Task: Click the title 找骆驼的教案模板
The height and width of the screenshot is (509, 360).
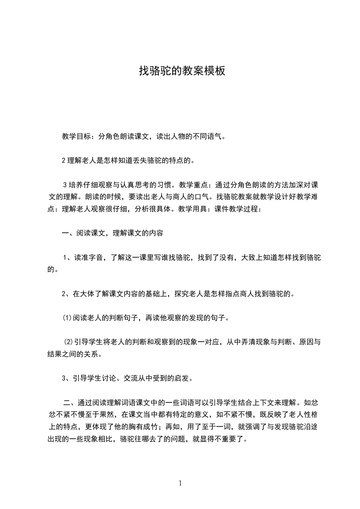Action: pos(182,71)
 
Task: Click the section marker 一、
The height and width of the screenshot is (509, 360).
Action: pos(66,234)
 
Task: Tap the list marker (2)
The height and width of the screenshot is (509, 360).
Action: pos(68,342)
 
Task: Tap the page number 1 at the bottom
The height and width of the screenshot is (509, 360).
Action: pos(180,484)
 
